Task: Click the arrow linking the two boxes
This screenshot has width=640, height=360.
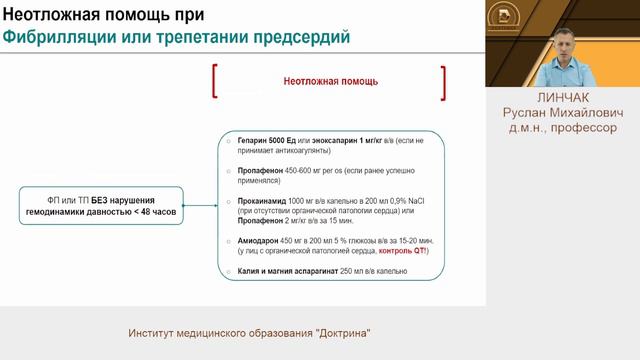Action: point(204,207)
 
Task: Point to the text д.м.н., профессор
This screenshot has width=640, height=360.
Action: point(562,128)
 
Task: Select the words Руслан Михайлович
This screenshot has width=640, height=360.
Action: point(562,114)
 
